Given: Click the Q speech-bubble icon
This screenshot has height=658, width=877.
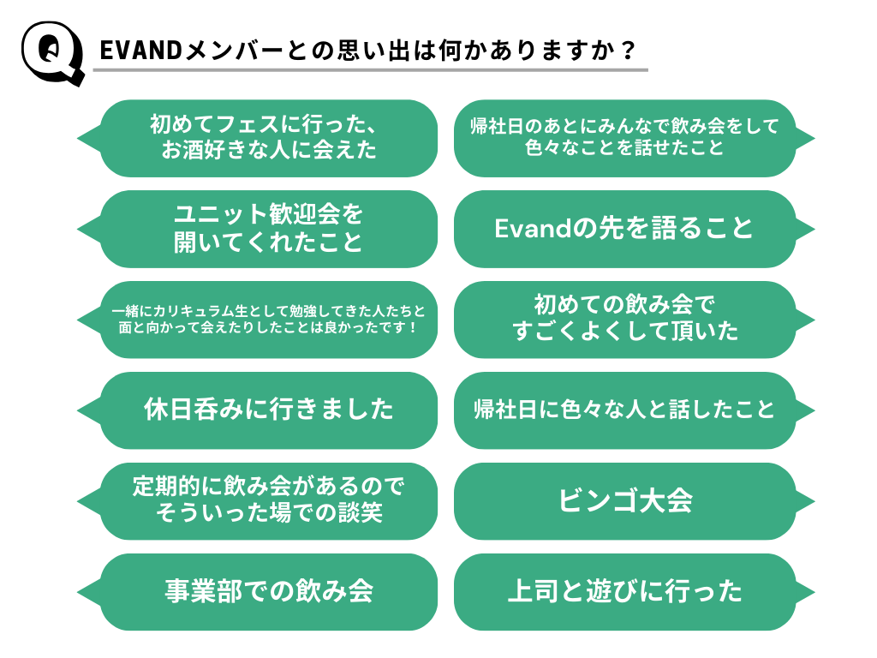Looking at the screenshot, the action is (52, 52).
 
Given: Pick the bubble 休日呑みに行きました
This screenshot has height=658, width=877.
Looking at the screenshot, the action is (257, 410).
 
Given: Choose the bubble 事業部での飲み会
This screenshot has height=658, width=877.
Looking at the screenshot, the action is (257, 592).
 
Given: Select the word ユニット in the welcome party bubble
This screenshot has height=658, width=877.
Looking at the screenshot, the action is (221, 214).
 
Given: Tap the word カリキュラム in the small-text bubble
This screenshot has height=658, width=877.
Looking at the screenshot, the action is (194, 310).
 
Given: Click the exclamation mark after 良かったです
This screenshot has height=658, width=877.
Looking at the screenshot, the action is (413, 327).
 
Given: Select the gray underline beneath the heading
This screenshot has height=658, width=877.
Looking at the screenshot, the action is (370, 70).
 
